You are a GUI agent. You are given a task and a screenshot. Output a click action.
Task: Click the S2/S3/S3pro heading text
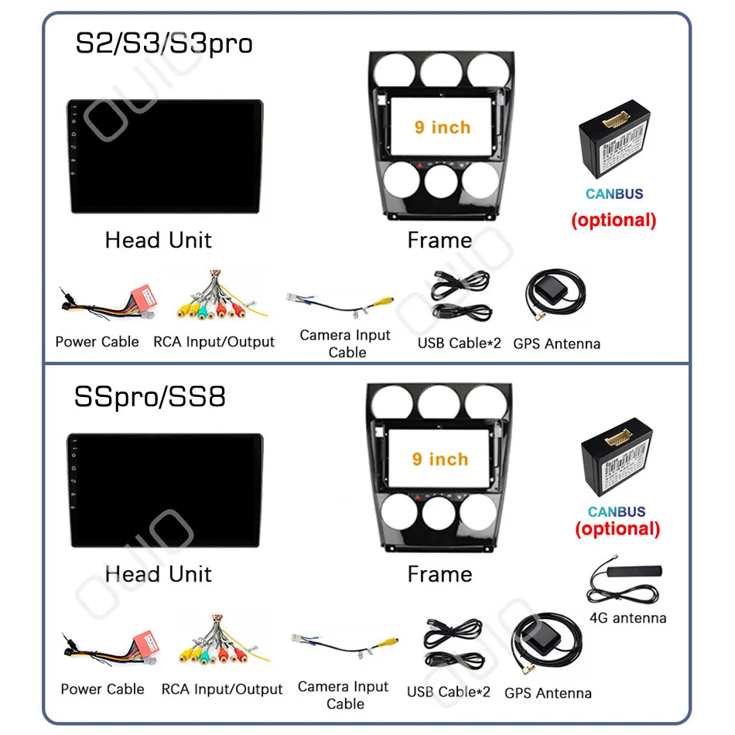pos(163,43)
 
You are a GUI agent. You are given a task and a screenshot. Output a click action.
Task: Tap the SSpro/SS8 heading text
pos(150,397)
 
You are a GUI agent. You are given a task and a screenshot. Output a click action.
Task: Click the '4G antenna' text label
pos(627,617)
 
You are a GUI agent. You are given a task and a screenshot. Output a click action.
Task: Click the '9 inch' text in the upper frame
pos(442,127)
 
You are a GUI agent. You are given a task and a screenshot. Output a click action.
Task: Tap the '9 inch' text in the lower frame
pos(440,459)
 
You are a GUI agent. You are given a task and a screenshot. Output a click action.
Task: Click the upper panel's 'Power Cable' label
pos(97,342)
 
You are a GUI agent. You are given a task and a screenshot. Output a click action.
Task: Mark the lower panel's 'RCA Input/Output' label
pos(222,689)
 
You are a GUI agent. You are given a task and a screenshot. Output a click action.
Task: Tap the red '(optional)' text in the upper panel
pos(614,220)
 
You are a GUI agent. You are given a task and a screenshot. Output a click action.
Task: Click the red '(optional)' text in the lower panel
pos(617,529)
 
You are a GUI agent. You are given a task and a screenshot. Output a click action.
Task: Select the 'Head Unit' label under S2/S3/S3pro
pos(158,240)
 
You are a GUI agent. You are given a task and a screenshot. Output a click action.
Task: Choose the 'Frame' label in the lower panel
pos(439,574)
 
